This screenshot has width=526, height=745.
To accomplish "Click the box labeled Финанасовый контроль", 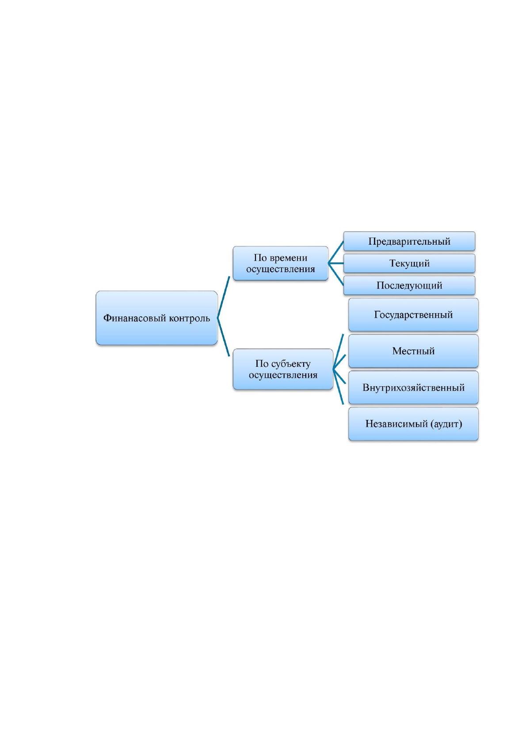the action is pos(156,318).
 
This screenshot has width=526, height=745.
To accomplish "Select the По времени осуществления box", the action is pos(280,263).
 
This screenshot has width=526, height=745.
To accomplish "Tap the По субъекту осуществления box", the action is pos(283,369).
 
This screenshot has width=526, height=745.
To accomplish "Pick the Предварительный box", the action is pos(409,241).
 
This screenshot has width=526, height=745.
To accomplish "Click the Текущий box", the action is pos(409,263).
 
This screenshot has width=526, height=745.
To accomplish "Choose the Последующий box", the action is pos(409,285).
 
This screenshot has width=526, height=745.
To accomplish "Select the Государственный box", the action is pos(413,315).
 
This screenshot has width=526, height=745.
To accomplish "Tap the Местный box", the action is pos(413,351).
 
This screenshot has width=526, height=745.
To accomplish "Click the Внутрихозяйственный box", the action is pos(413,388).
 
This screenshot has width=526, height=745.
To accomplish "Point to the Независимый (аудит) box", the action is pos(413,424).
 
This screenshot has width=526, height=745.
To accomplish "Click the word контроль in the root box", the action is pos(189,318).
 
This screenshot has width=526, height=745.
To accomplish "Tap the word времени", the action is pos(289,258).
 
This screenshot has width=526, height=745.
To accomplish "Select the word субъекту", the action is pos(291,364).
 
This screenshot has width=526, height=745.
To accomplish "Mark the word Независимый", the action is pos(396,424).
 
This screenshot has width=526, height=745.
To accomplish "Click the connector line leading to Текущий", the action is pos(336,263).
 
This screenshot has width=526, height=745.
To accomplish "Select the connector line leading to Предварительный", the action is pos(336,252).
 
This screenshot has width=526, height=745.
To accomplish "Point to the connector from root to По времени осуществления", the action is pos(224,297).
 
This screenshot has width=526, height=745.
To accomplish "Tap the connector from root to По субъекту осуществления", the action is pos(224,337).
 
